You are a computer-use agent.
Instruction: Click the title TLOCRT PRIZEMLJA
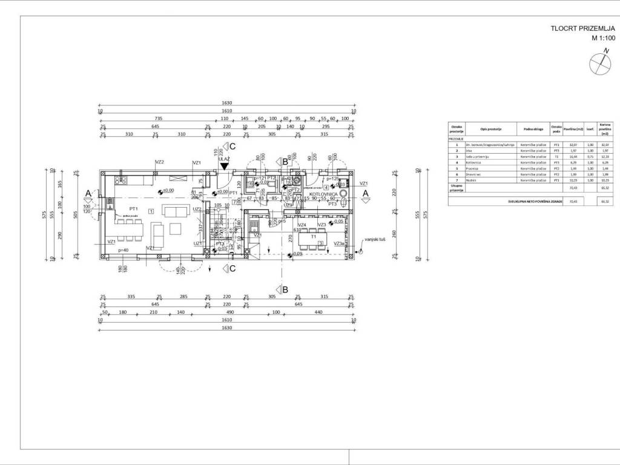582,28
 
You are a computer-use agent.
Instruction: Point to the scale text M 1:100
603,38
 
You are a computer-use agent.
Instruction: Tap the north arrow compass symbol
599,63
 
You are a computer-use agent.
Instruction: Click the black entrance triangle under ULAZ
225,166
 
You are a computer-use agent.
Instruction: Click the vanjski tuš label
375,240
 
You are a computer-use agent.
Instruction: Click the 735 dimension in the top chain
159,119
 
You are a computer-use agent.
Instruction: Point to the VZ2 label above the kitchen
160,162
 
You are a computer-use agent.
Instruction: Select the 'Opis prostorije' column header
492,129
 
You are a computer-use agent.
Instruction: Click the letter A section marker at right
365,193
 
